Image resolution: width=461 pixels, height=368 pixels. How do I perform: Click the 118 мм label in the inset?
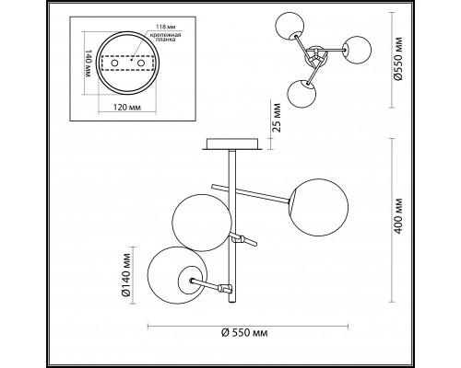coord(164,27)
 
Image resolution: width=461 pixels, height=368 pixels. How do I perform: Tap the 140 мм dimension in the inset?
coord(88,63)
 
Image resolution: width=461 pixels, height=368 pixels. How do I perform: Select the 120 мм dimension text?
coord(127,108)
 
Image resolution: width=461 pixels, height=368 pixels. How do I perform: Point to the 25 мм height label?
coord(277,117)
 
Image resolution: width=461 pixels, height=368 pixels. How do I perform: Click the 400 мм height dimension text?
coord(398,216)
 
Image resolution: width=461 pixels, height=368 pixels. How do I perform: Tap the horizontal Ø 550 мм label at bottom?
coord(244,332)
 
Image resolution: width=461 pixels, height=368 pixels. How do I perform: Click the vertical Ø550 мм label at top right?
coord(398,59)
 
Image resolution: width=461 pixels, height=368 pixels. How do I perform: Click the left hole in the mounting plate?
coord(114,63)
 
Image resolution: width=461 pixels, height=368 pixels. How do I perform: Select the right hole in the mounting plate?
coord(141,63)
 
